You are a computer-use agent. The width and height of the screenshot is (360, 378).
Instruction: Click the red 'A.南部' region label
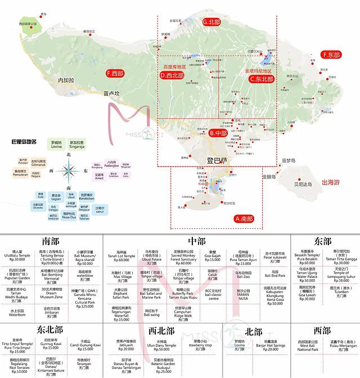(x=244, y=218)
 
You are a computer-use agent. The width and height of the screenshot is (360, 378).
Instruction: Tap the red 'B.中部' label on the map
(x=217, y=134)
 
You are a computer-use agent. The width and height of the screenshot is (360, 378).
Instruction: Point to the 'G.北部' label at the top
(x=211, y=22)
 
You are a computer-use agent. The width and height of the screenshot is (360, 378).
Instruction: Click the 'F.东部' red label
(x=331, y=55)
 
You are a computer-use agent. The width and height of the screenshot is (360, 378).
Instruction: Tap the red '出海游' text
(x=330, y=182)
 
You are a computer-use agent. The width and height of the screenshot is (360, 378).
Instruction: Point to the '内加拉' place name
(x=66, y=80)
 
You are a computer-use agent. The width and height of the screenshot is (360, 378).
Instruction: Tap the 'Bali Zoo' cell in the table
(x=243, y=275)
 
